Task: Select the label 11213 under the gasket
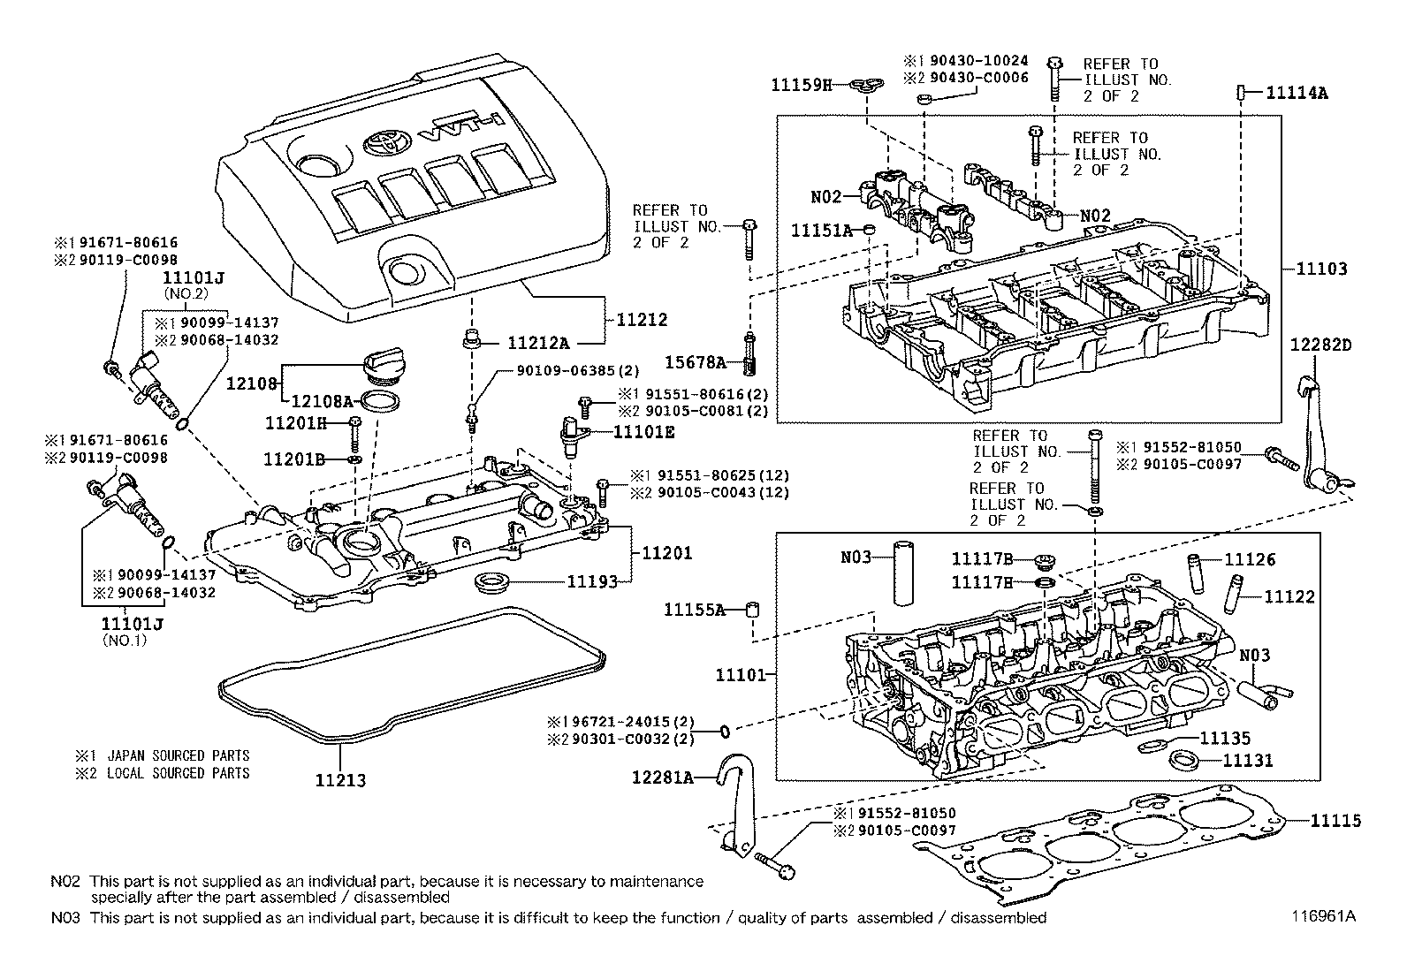tap(340, 780)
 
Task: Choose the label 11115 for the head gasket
tap(1335, 821)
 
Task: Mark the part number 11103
tap(1322, 269)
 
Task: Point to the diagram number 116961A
tap(1322, 916)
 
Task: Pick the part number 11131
tap(1248, 760)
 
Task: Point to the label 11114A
tap(1297, 92)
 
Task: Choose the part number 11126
tap(1250, 559)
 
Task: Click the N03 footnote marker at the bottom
tap(65, 917)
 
